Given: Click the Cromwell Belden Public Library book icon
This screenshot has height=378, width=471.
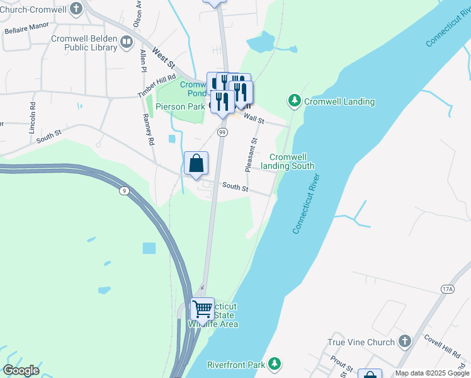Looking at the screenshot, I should point(127,43).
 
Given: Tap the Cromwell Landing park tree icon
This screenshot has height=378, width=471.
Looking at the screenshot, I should point(294,101).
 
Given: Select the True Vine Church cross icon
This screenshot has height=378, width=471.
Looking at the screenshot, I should point(404,342).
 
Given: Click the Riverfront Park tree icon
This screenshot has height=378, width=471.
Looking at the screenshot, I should point(275,364).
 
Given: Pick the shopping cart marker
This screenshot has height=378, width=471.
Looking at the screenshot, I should point(202,309).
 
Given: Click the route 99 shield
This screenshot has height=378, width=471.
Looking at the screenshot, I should point(222,132).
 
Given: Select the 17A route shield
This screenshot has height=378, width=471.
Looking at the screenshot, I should point(447,289).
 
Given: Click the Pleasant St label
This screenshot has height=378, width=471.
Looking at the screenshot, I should point(251,155).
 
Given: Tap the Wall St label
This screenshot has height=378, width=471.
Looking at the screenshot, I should point(254,118).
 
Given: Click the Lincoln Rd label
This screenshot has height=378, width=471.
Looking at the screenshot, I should point(32,118).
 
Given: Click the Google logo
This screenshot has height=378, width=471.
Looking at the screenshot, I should point(21,370).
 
